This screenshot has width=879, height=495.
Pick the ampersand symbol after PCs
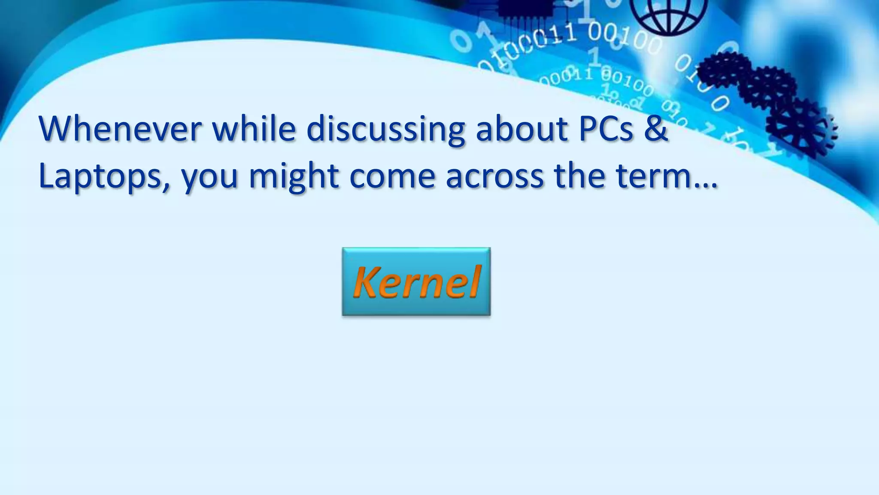656,128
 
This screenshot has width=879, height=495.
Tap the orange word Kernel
416,282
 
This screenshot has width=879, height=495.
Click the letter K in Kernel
366,282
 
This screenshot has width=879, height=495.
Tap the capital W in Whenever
58,128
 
